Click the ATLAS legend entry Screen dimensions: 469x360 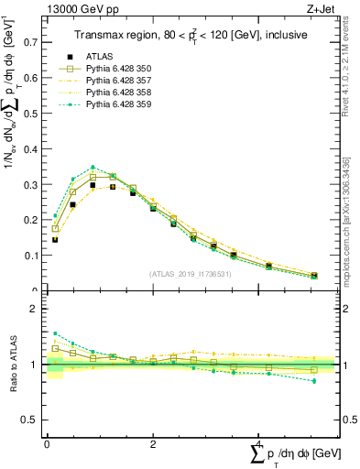(98, 57)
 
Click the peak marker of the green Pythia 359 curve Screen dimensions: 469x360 (93, 168)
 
